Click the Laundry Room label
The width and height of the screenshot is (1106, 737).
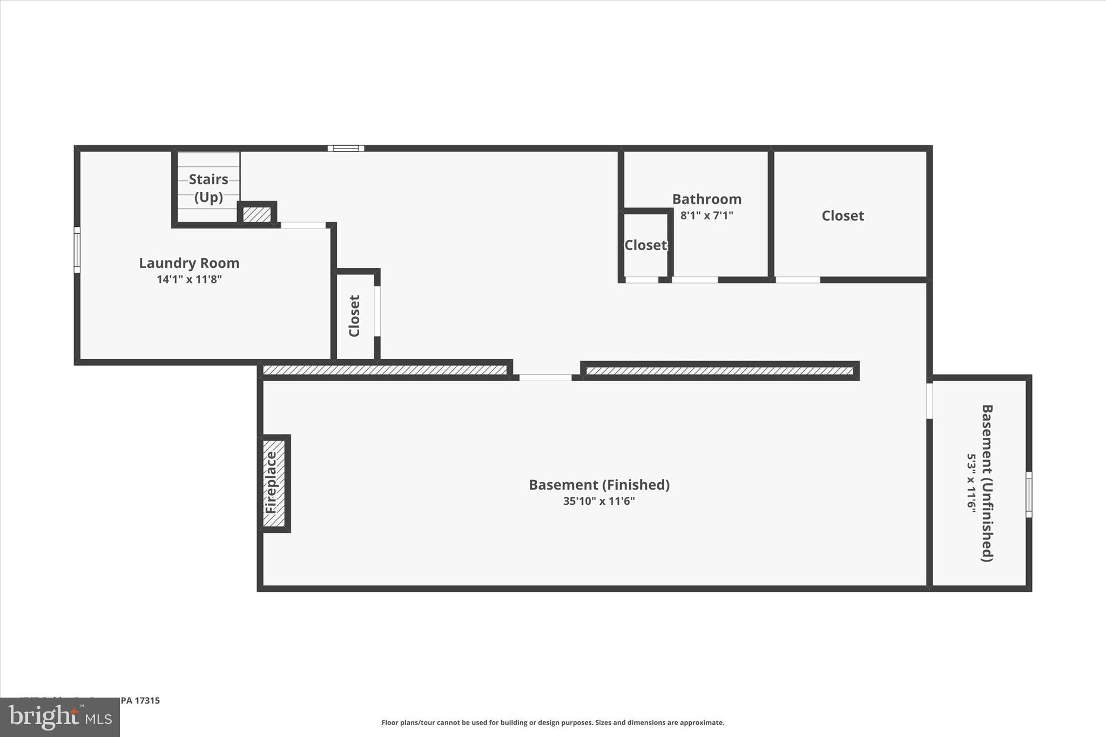point(189,263)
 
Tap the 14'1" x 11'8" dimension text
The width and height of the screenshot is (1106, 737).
point(189,279)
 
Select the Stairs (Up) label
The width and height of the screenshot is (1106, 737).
point(208,187)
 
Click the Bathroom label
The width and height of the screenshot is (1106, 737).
point(706,199)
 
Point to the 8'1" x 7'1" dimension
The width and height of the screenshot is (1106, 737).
point(706,215)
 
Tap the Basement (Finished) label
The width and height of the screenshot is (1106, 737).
point(599,485)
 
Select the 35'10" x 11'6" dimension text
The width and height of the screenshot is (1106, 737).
point(599,501)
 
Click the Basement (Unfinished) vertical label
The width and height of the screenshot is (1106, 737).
point(987,483)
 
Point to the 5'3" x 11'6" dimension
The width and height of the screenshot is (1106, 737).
point(972,483)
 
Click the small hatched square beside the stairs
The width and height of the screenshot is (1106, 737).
point(257,214)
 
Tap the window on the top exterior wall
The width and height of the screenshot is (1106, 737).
point(346,148)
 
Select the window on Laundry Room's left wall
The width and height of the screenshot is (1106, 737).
point(77,250)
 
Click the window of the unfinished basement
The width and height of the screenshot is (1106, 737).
point(1029,495)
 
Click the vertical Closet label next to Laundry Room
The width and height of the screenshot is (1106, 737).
point(354,316)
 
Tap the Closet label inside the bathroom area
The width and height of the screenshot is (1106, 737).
point(646,245)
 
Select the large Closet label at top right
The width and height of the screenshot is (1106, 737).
point(842,216)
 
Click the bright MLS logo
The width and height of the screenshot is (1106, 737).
point(60,717)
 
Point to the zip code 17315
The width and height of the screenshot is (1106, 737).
point(147,700)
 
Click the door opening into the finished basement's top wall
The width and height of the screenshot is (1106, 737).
point(545,377)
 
